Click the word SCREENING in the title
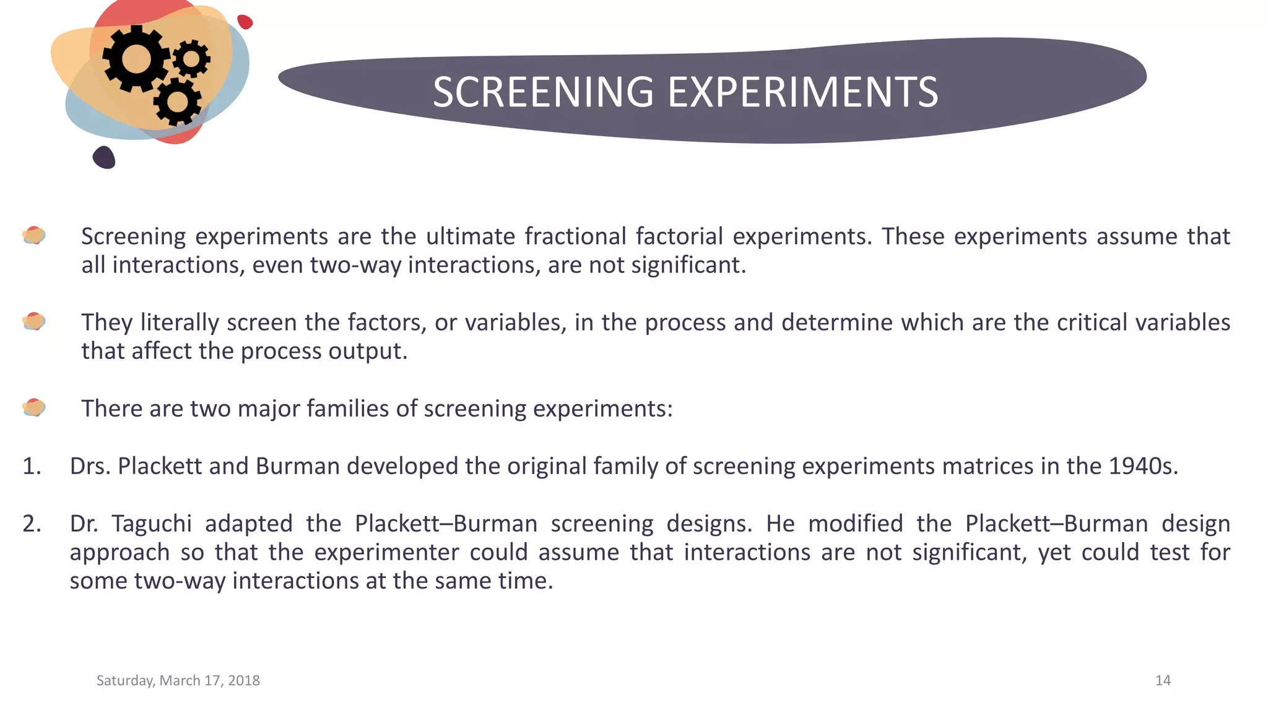[543, 92]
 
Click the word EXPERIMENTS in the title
[803, 92]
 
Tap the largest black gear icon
[136, 59]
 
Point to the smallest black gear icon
[191, 59]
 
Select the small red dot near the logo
[245, 22]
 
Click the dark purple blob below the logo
[104, 157]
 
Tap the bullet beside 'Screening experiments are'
[34, 235]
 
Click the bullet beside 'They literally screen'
[34, 321]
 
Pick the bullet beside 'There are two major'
[34, 407]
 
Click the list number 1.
[31, 466]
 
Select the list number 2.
[32, 524]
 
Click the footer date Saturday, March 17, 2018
[178, 680]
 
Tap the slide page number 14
[1163, 680]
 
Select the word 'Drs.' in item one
[90, 466]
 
